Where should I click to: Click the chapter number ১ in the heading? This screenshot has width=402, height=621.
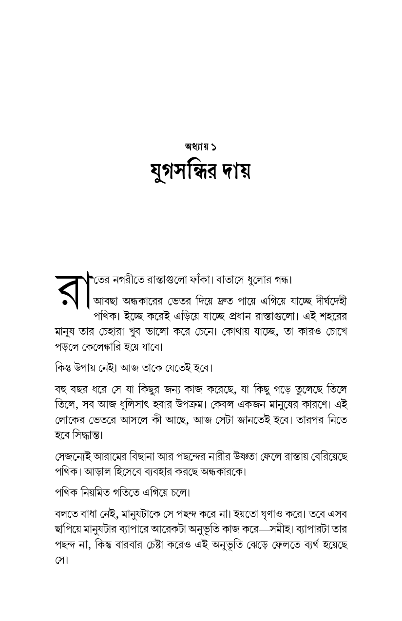(x=214, y=146)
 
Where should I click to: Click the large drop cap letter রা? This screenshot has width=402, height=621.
(x=73, y=291)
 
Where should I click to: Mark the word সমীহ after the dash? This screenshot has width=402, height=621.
(x=273, y=529)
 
